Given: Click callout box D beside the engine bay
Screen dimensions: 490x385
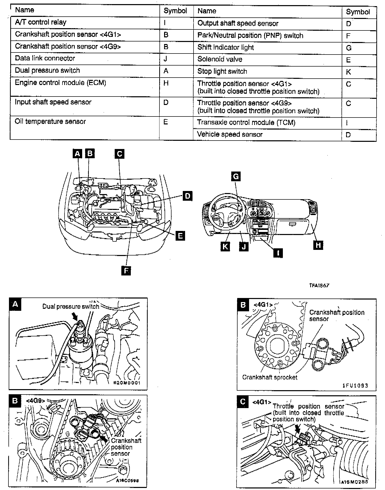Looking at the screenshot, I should [188, 196].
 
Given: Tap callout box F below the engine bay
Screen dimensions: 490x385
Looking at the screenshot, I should [126, 271].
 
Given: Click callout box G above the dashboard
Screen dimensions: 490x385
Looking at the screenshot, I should [236, 176].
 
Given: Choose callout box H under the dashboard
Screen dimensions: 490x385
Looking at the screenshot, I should [318, 245].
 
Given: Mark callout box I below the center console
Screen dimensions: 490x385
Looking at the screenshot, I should [278, 253].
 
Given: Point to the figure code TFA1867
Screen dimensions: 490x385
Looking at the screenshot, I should [319, 285].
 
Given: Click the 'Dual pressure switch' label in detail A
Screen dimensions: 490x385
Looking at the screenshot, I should [71, 306].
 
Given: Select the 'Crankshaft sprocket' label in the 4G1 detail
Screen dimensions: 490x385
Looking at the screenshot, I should [270, 377].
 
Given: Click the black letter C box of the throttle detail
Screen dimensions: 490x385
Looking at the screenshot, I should [243, 402].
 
